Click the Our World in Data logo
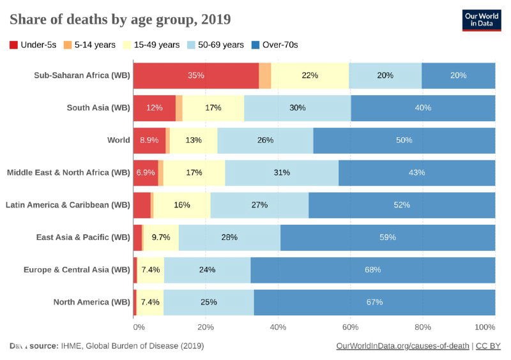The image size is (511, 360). (481, 20)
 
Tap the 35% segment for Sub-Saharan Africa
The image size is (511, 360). (195, 75)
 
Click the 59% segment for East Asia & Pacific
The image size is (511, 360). (387, 237)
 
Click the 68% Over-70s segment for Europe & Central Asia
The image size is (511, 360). (372, 270)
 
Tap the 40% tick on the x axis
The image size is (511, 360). (278, 327)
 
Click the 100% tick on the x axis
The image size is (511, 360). (485, 327)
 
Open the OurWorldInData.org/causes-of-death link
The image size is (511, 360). (402, 346)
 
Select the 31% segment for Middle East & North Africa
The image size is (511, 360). (282, 173)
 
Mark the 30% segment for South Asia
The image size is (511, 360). (297, 108)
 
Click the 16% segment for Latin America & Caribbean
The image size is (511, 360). (182, 205)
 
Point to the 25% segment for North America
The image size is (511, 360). (208, 302)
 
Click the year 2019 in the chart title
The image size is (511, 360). (216, 20)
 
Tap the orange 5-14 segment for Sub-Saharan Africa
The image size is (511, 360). (264, 75)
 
